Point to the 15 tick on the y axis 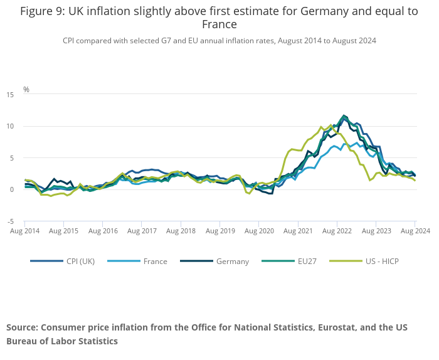[10, 95]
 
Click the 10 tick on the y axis [10, 126]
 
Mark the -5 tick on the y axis [10, 221]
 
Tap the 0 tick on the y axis [12, 189]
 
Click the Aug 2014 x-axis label [25, 231]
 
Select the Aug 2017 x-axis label [142, 231]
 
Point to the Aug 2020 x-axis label [259, 231]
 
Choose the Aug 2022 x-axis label [337, 231]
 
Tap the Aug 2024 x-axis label [414, 231]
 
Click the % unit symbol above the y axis [26, 90]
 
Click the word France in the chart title [219, 24]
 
